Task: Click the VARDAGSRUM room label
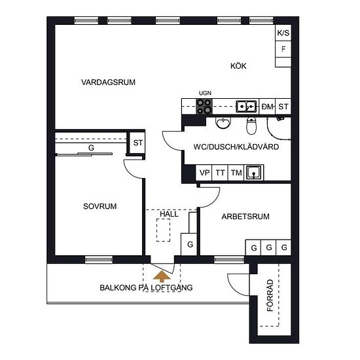(108, 82)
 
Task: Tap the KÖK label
(238, 66)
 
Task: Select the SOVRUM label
(100, 206)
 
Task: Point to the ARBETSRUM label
(245, 217)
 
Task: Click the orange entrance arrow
(162, 276)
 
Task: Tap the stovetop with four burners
(204, 107)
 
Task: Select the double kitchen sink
(246, 107)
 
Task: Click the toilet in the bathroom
(251, 126)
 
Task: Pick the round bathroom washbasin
(223, 122)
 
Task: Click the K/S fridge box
(283, 33)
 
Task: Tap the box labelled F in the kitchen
(283, 49)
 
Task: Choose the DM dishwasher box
(267, 107)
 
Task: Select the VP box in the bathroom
(204, 172)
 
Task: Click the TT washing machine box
(220, 172)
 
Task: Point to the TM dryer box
(236, 172)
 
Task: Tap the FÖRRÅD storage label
(270, 295)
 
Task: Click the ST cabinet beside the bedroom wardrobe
(137, 143)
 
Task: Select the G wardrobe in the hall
(189, 244)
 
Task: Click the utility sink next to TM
(253, 172)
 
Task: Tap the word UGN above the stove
(205, 93)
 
